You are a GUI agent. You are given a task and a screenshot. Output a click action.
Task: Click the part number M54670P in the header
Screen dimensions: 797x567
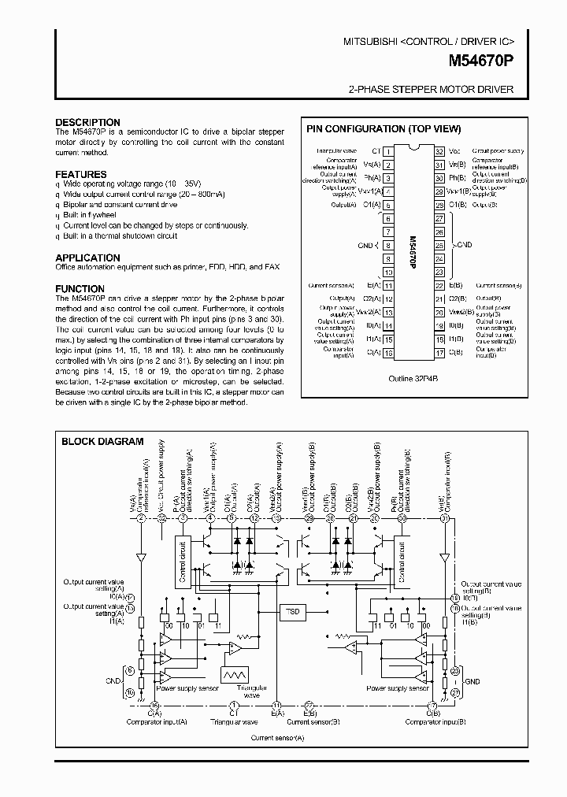click(x=481, y=60)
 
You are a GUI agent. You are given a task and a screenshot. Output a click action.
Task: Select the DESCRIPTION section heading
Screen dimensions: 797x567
click(x=87, y=122)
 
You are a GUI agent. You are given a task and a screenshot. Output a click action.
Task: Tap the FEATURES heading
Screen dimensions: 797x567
click(x=81, y=174)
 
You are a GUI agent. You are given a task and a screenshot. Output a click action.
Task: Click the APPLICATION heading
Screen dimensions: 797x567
click(x=87, y=258)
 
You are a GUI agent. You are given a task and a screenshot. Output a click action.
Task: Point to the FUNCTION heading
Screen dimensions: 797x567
click(x=80, y=288)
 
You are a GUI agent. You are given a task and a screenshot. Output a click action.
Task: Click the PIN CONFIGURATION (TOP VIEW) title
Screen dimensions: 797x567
click(x=383, y=129)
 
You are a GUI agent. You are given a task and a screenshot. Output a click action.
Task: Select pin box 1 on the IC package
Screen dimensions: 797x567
click(x=387, y=150)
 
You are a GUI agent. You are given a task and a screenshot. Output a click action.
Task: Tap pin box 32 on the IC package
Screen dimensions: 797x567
click(x=439, y=150)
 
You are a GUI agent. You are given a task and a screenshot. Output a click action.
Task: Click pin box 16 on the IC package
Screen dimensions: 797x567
click(x=387, y=354)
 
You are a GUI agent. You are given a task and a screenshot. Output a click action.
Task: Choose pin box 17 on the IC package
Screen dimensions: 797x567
click(x=439, y=354)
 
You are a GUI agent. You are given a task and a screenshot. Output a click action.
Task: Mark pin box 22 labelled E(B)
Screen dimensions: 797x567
click(x=439, y=286)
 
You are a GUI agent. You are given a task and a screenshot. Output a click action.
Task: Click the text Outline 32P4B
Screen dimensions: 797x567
click(x=413, y=378)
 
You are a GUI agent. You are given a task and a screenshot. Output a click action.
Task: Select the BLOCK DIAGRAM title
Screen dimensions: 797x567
click(x=102, y=442)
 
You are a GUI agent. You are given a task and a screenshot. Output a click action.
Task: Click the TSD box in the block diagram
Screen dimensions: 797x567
click(x=293, y=610)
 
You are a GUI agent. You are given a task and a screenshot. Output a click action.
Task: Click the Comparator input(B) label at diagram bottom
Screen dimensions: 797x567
click(x=432, y=721)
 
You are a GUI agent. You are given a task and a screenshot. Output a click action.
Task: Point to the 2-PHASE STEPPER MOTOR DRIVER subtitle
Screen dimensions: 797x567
click(x=431, y=90)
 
